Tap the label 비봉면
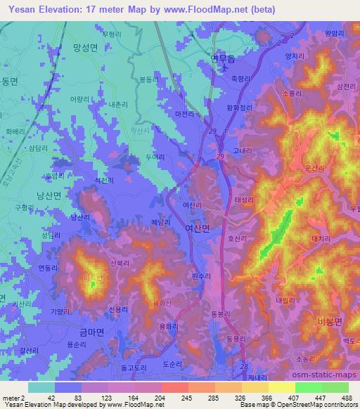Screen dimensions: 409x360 [x=328, y=320]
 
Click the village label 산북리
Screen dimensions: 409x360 [x=119, y=263]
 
